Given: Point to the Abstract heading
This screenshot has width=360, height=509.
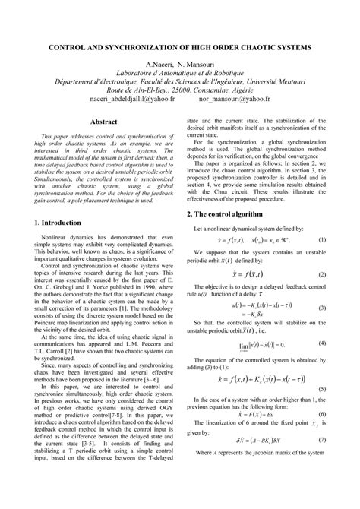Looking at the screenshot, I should [x=104, y=121].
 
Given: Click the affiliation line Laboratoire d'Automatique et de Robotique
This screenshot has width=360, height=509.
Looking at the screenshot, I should [x=179, y=75].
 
